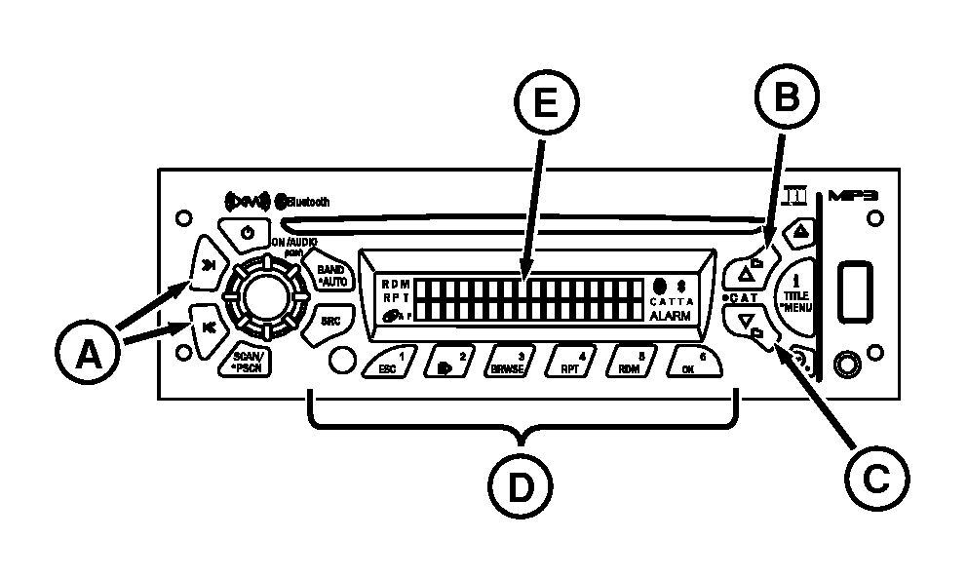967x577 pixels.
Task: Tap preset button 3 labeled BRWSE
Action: tap(515, 363)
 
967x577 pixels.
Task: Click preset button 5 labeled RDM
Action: tap(628, 363)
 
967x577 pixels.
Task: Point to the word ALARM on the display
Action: tap(673, 317)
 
